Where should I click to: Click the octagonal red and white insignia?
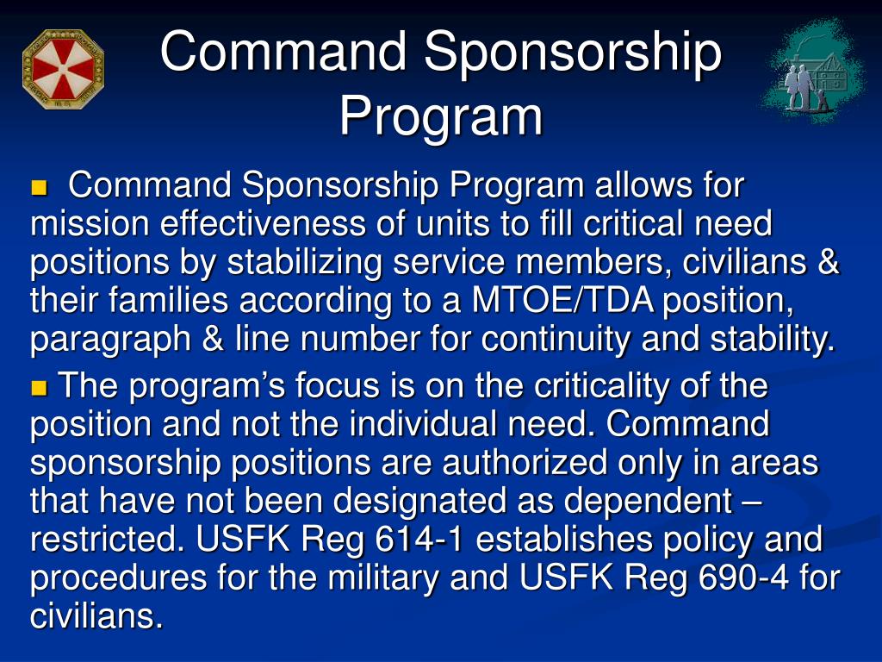tap(63, 69)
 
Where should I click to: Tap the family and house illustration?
tap(813, 72)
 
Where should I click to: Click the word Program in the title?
tap(441, 117)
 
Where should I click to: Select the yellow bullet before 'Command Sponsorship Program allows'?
tap(39, 187)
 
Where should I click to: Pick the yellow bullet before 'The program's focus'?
tap(39, 388)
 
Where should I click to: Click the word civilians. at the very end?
tap(96, 615)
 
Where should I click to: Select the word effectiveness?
tap(263, 223)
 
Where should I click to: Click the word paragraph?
tap(110, 340)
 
